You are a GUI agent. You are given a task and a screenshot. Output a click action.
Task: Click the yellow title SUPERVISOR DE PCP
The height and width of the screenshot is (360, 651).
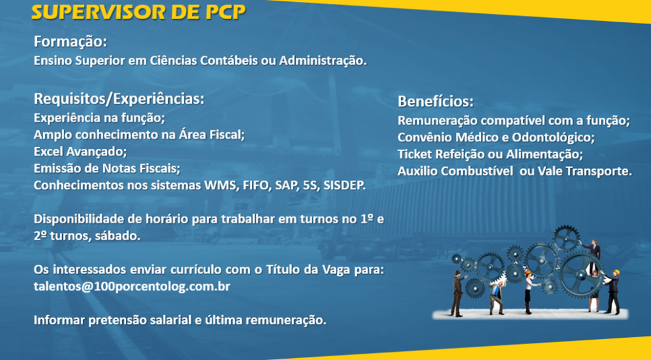(x=139, y=13)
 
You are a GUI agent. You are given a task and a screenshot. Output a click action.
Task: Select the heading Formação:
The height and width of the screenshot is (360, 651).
(x=70, y=42)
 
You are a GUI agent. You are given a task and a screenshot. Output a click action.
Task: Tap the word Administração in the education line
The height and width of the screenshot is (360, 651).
(x=323, y=60)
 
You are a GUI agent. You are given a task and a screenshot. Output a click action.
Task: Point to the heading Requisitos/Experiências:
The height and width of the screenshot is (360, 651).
(x=119, y=99)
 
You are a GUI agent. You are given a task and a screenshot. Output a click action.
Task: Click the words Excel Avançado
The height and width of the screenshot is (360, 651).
(x=80, y=152)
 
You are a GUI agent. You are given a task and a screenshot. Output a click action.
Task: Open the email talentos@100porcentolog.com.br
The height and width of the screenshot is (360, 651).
(x=132, y=287)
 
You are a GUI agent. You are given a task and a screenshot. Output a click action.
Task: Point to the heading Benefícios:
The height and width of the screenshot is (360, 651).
(x=435, y=102)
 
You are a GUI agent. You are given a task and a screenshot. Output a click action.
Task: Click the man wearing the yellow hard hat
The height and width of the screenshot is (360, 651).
(x=612, y=291)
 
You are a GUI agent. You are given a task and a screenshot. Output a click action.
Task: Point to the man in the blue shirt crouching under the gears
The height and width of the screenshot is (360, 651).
(x=496, y=296)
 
